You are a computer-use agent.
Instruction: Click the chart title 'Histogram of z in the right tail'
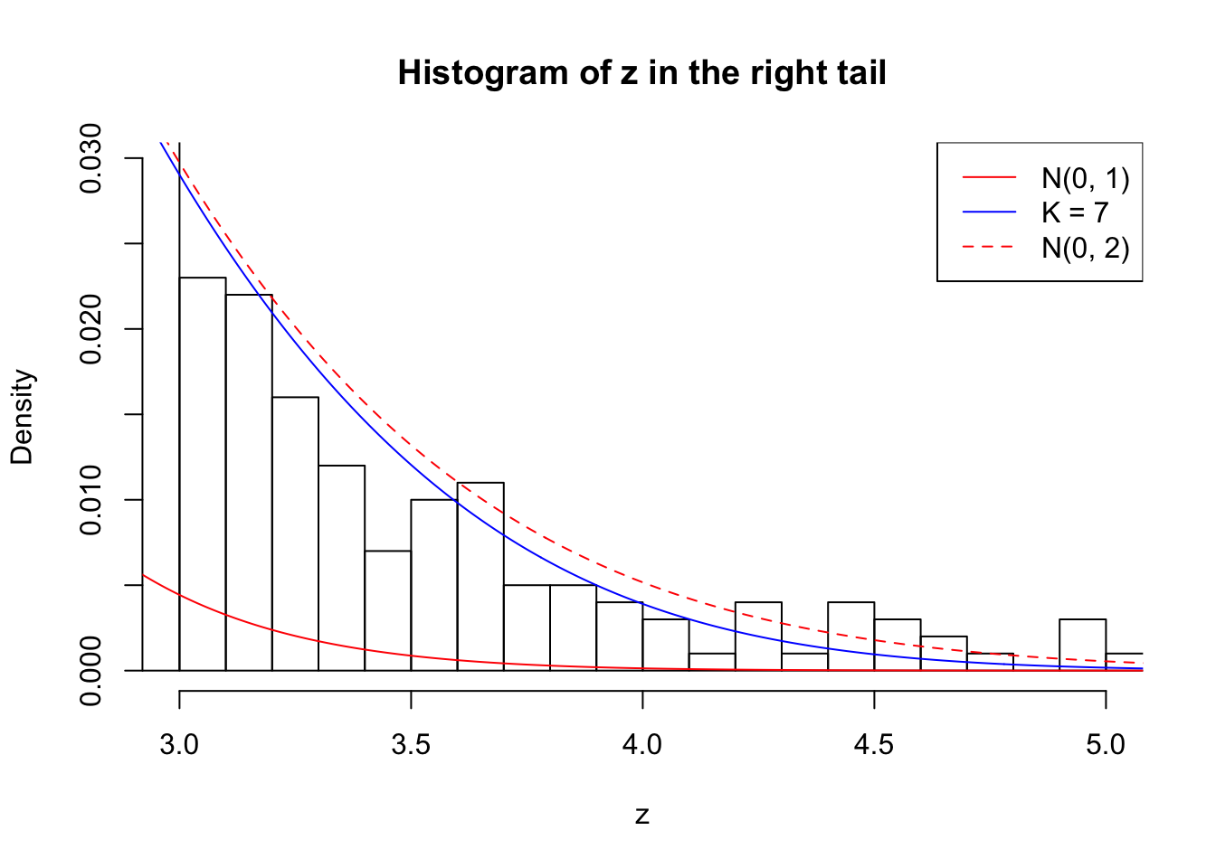coord(641,73)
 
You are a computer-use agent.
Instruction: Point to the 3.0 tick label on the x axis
coord(179,745)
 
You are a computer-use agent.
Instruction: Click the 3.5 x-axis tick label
coord(411,745)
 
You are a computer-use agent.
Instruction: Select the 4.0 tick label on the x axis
coord(642,745)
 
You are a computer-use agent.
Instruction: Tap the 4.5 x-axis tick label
coord(874,745)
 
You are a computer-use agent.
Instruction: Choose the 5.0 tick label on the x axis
coord(1106,745)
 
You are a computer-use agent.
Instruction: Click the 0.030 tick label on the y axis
coord(91,158)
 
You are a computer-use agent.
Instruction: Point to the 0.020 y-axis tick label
coord(91,329)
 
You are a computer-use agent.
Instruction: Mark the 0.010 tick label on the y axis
coord(91,500)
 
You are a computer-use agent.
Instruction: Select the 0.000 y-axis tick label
coord(91,671)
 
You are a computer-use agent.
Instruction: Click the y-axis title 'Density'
coord(22,416)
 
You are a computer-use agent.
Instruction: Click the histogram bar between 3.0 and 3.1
coord(203,475)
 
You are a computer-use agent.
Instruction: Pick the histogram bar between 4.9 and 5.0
coord(1083,646)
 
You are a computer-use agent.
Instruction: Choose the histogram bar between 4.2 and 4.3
coord(758,637)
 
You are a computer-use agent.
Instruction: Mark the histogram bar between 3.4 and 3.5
coord(388,611)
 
